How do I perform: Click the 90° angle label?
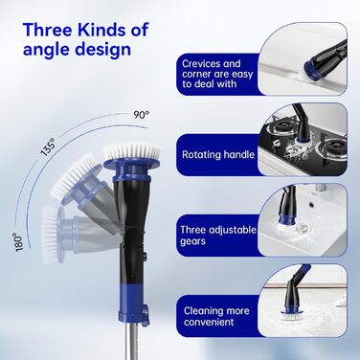142,115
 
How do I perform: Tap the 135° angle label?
48,146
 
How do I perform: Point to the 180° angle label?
20,242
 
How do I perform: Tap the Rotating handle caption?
218,155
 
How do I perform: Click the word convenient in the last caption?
209,322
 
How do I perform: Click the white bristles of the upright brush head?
132,150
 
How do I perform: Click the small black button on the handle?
144,257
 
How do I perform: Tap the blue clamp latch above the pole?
145,315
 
